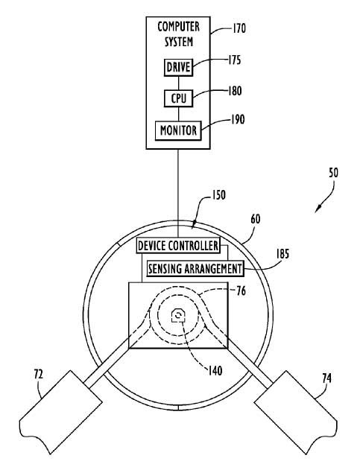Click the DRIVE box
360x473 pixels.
click(178, 67)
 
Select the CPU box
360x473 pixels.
click(178, 98)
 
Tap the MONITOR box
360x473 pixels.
click(178, 130)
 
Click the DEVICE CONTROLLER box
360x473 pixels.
click(178, 246)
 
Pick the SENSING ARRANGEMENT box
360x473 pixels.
click(195, 268)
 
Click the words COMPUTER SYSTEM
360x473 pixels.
click(179, 34)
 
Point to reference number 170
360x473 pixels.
click(239, 28)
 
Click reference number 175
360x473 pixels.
click(234, 60)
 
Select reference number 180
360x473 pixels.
click(235, 91)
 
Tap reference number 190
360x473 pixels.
click(238, 119)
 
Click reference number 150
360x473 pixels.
click(218, 195)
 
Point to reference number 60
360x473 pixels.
click(256, 219)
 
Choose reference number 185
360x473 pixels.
click(282, 254)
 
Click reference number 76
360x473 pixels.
click(241, 291)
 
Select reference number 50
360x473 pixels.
click(333, 173)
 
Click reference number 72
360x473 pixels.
click(39, 375)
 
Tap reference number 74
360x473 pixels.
click(326, 378)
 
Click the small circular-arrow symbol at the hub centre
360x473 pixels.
click(178, 316)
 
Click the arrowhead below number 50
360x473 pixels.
click(318, 209)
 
